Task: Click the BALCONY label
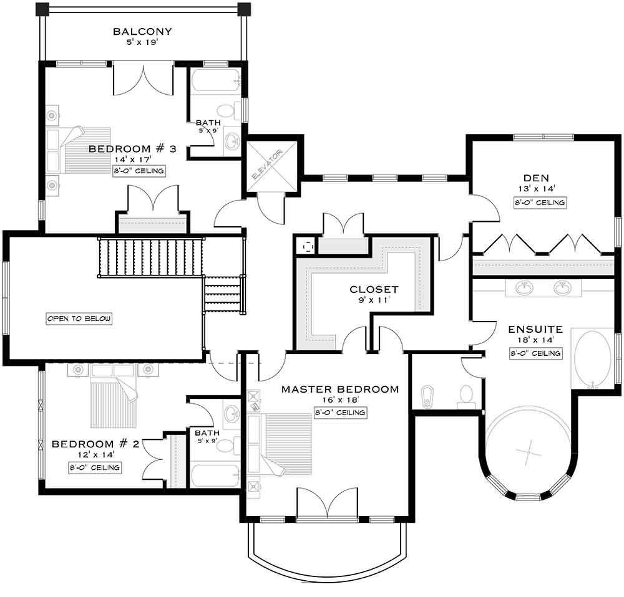pyautogui.click(x=142, y=32)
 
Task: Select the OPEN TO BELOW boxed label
pyautogui.click(x=79, y=318)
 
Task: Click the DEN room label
pyautogui.click(x=540, y=177)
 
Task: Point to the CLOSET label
pyautogui.click(x=374, y=289)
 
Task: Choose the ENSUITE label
pyautogui.click(x=535, y=329)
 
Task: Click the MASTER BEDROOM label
pyautogui.click(x=339, y=389)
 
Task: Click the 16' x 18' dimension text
pyautogui.click(x=340, y=401)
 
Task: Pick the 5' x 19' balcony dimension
pyautogui.click(x=142, y=44)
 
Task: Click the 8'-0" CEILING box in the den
pyautogui.click(x=540, y=203)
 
